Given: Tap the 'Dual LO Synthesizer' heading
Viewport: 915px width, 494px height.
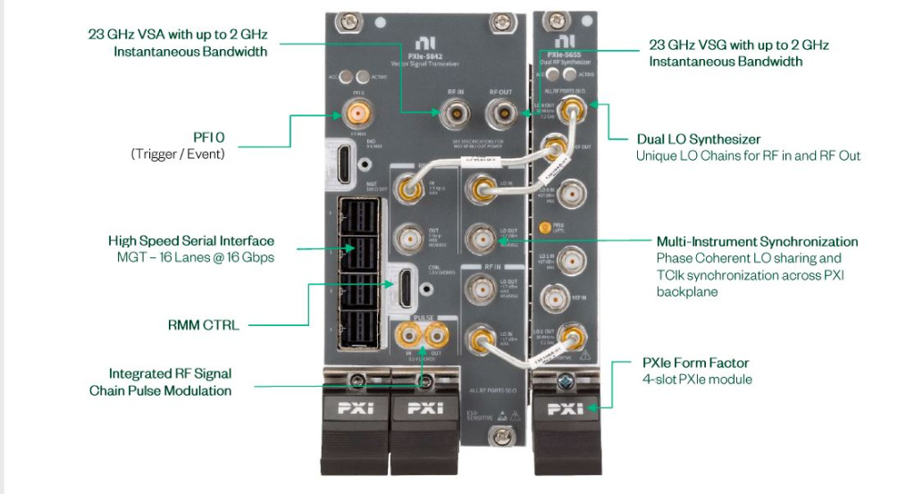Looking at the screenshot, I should click(x=698, y=139).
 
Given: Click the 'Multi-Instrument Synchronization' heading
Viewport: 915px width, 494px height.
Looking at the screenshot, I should click(x=757, y=242).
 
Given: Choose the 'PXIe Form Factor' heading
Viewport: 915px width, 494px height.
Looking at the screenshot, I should click(x=695, y=363).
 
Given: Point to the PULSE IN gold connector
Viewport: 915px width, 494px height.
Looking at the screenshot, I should click(x=410, y=336).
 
